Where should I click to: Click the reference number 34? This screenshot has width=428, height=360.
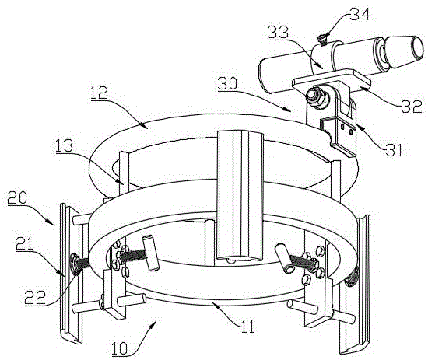(x=360, y=14)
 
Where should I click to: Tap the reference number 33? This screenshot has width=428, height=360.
(x=278, y=32)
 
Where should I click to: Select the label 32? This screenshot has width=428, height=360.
(x=412, y=107)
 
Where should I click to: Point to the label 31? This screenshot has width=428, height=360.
(x=393, y=150)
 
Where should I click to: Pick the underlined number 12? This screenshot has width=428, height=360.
(x=100, y=93)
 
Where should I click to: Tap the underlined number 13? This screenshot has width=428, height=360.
(x=64, y=146)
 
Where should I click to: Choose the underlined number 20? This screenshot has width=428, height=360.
(x=17, y=197)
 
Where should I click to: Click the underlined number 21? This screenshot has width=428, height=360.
(x=24, y=243)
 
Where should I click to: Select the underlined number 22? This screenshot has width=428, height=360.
(x=35, y=297)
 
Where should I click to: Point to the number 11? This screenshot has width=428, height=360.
(x=247, y=326)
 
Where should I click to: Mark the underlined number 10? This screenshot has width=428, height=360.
(x=120, y=348)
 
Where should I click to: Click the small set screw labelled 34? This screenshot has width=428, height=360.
(x=322, y=40)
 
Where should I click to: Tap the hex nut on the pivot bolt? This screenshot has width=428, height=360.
(x=315, y=98)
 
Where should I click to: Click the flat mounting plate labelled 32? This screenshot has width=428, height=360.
(x=331, y=80)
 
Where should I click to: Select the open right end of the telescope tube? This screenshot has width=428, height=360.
(x=417, y=48)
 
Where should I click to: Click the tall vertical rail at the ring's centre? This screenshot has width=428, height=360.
(x=240, y=195)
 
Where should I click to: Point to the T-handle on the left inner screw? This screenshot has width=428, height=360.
(x=150, y=253)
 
